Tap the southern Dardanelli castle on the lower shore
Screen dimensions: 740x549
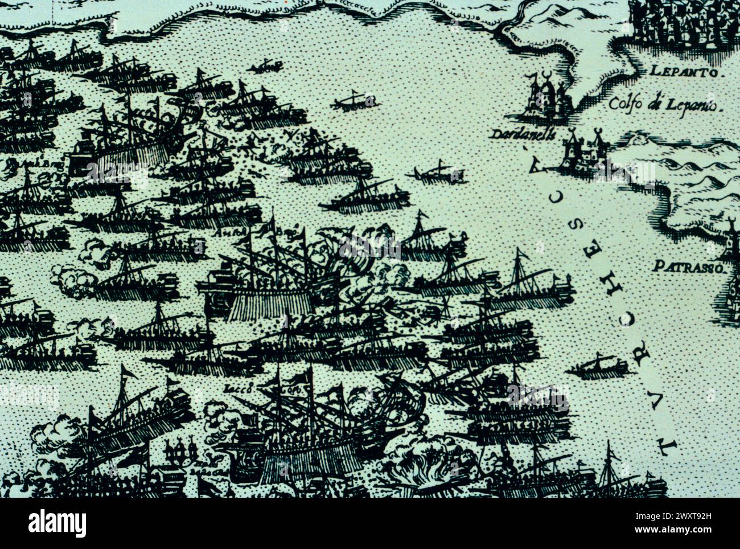[581, 150]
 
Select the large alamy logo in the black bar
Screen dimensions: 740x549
[57, 523]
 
